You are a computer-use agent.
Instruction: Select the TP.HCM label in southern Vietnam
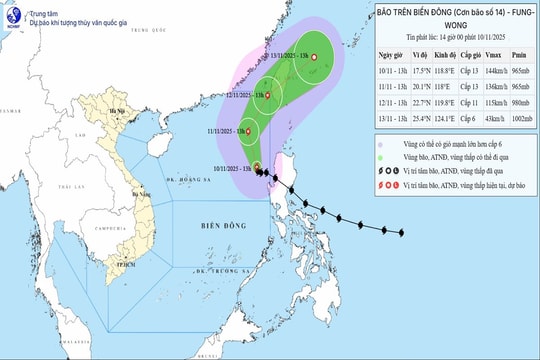click(125, 266)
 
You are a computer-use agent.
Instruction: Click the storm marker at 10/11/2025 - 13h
click(257, 167)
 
